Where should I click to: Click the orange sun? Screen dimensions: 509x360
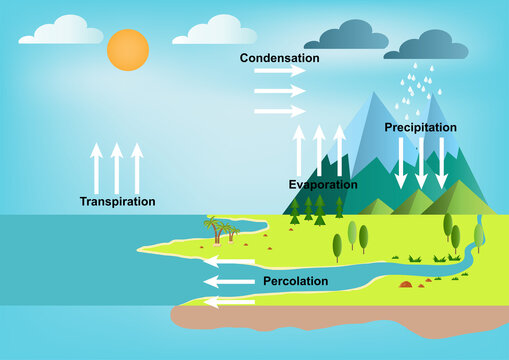[x=128, y=49]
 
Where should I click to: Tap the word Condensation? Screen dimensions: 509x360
[x=279, y=58]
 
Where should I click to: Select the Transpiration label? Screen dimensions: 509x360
[x=117, y=201]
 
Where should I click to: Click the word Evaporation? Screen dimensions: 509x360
[x=323, y=185]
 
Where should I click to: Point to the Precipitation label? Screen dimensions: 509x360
[x=420, y=128]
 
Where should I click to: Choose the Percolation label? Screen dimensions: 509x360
[x=295, y=281]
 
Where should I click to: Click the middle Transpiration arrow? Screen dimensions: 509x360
[x=117, y=168]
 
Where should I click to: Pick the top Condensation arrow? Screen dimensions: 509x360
[x=279, y=72]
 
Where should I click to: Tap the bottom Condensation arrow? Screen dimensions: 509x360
[x=279, y=108]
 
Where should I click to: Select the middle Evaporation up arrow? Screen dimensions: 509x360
[x=319, y=151]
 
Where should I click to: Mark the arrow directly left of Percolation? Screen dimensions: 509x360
[x=230, y=282]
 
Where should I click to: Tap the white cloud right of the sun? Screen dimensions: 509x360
[x=214, y=31]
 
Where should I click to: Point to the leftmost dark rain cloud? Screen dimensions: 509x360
[x=346, y=38]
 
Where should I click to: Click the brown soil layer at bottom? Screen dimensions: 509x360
[x=340, y=318]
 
